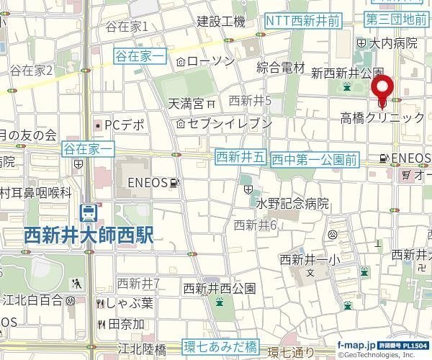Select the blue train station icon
pos(89,212)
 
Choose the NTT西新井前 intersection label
pos(302,22)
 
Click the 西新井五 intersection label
pos(241,156)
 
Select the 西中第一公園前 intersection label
pos(315,159)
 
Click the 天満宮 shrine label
pos(186,104)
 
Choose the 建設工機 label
pos(222,22)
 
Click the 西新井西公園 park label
pos(220,289)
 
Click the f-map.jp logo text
pos(355,345)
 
